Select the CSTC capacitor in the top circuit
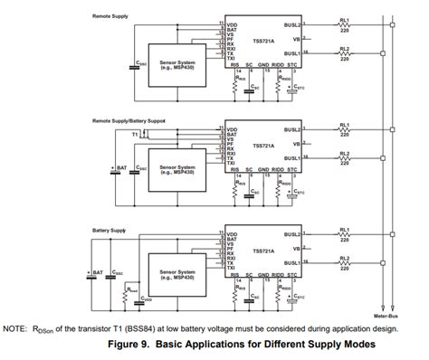(290, 90)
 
